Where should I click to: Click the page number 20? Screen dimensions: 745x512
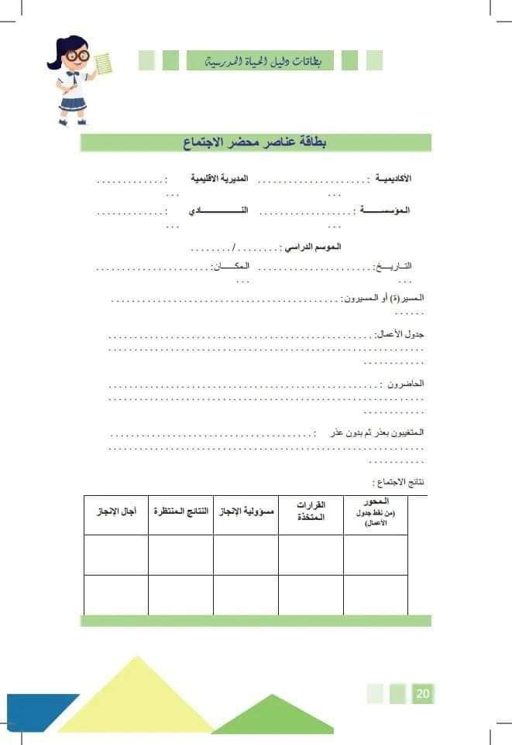point(422,693)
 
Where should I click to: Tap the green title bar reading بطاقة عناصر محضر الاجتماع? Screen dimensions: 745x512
point(256,142)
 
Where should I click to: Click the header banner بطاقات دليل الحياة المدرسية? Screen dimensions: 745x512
point(259,60)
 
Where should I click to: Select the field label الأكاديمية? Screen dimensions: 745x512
point(393,179)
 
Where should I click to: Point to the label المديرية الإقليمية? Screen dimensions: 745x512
point(220,179)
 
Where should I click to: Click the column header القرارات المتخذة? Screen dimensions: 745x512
point(310,511)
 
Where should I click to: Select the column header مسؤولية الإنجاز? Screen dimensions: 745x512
point(246,512)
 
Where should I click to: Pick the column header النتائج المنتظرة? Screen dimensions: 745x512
point(181,512)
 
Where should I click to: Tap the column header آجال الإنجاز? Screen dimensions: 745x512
point(116,512)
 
